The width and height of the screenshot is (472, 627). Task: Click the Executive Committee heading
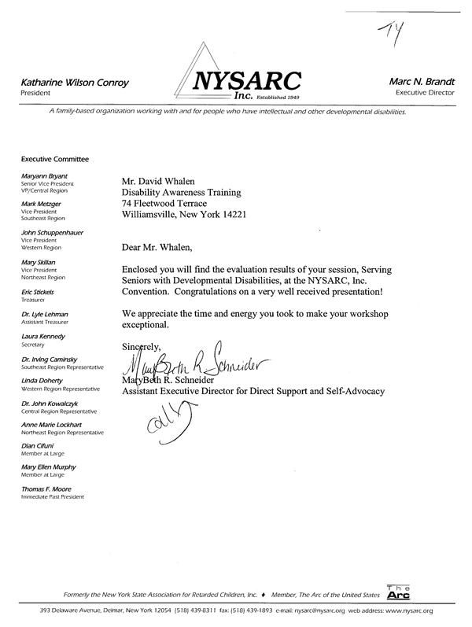[x=55, y=160]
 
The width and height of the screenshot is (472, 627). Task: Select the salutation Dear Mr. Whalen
[x=161, y=247]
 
